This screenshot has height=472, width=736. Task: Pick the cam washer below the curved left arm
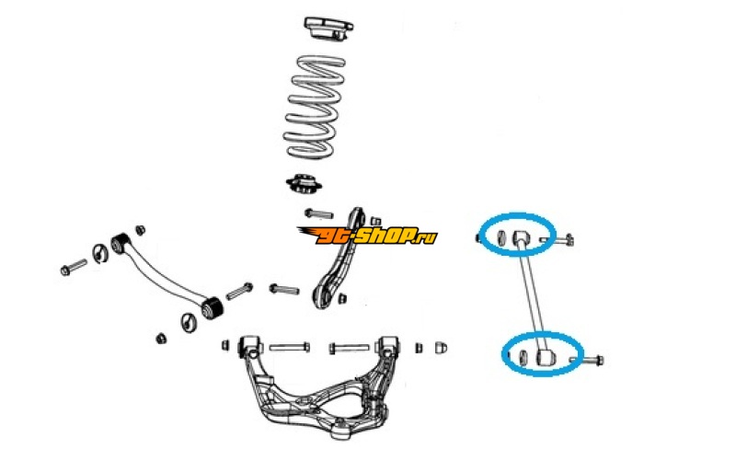click(189, 321)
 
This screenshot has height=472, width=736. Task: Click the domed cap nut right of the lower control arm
click(440, 349)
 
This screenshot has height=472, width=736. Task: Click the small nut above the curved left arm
click(141, 228)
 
